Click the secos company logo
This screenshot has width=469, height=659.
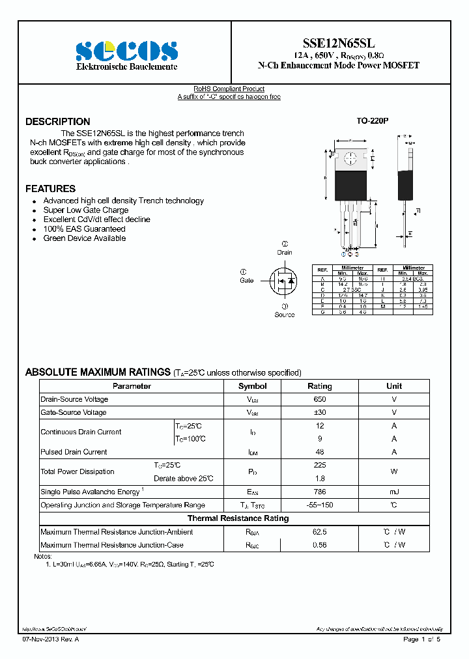(x=126, y=51)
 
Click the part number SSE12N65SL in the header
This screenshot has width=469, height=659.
(x=338, y=41)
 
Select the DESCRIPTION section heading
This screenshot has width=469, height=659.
(x=58, y=122)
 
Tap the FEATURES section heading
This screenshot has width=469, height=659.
(x=50, y=189)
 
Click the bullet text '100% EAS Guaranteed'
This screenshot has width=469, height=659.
(x=84, y=229)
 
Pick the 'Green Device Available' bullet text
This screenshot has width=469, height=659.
(x=85, y=238)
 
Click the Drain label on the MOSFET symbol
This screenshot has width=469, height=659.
(x=285, y=252)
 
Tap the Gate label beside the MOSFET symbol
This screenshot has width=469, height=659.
(x=246, y=280)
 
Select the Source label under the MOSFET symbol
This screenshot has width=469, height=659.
(x=285, y=315)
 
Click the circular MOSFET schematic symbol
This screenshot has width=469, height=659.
(x=284, y=282)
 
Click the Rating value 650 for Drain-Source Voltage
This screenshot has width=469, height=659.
(x=319, y=399)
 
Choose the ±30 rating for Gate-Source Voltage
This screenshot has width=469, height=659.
(x=319, y=413)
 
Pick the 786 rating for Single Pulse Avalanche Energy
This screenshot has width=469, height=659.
(x=319, y=492)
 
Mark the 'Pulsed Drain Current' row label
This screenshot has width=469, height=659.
(x=74, y=452)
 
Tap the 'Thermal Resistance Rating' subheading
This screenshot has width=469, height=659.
(x=238, y=518)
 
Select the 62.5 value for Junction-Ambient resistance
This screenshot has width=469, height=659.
(x=319, y=532)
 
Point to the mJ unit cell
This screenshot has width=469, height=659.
(x=394, y=492)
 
